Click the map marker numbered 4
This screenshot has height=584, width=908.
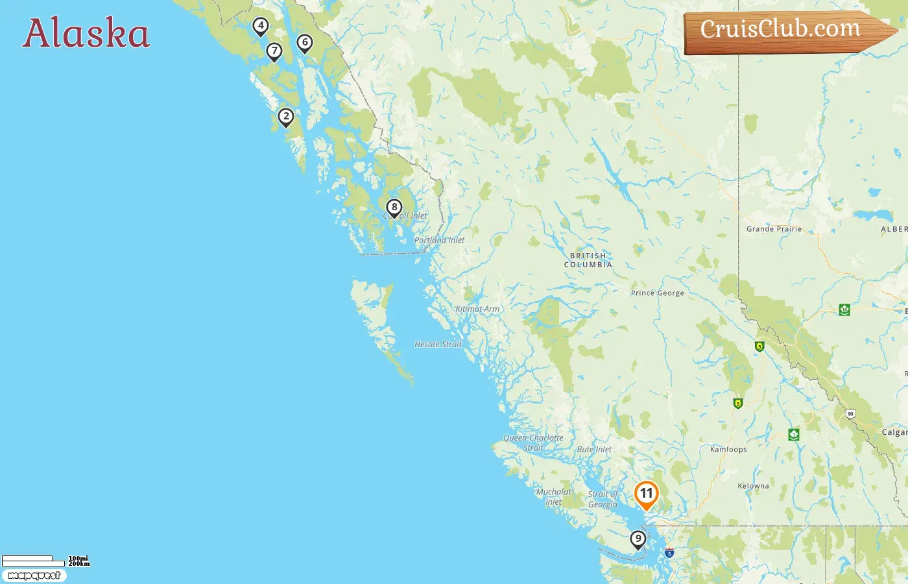click(261, 26)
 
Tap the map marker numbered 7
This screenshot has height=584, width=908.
click(274, 51)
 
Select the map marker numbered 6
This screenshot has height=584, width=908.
click(305, 43)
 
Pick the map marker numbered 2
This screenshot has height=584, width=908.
click(286, 117)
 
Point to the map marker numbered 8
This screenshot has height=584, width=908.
click(394, 208)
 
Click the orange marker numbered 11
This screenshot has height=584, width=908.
click(646, 494)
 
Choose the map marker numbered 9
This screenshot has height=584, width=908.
click(638, 539)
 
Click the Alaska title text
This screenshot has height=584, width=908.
click(86, 34)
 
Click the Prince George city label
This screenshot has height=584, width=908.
click(657, 293)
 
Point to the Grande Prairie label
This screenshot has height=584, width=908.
click(774, 229)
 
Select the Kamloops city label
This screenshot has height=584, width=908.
click(728, 449)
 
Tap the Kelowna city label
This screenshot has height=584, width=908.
click(753, 486)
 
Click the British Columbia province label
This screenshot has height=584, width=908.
click(588, 260)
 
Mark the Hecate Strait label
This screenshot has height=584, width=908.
click(438, 345)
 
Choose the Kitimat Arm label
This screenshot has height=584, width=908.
click(477, 309)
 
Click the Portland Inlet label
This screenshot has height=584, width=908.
click(439, 240)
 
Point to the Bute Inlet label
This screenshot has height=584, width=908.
click(594, 450)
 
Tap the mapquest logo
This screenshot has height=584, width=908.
click(34, 576)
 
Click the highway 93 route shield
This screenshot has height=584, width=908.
click(850, 413)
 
